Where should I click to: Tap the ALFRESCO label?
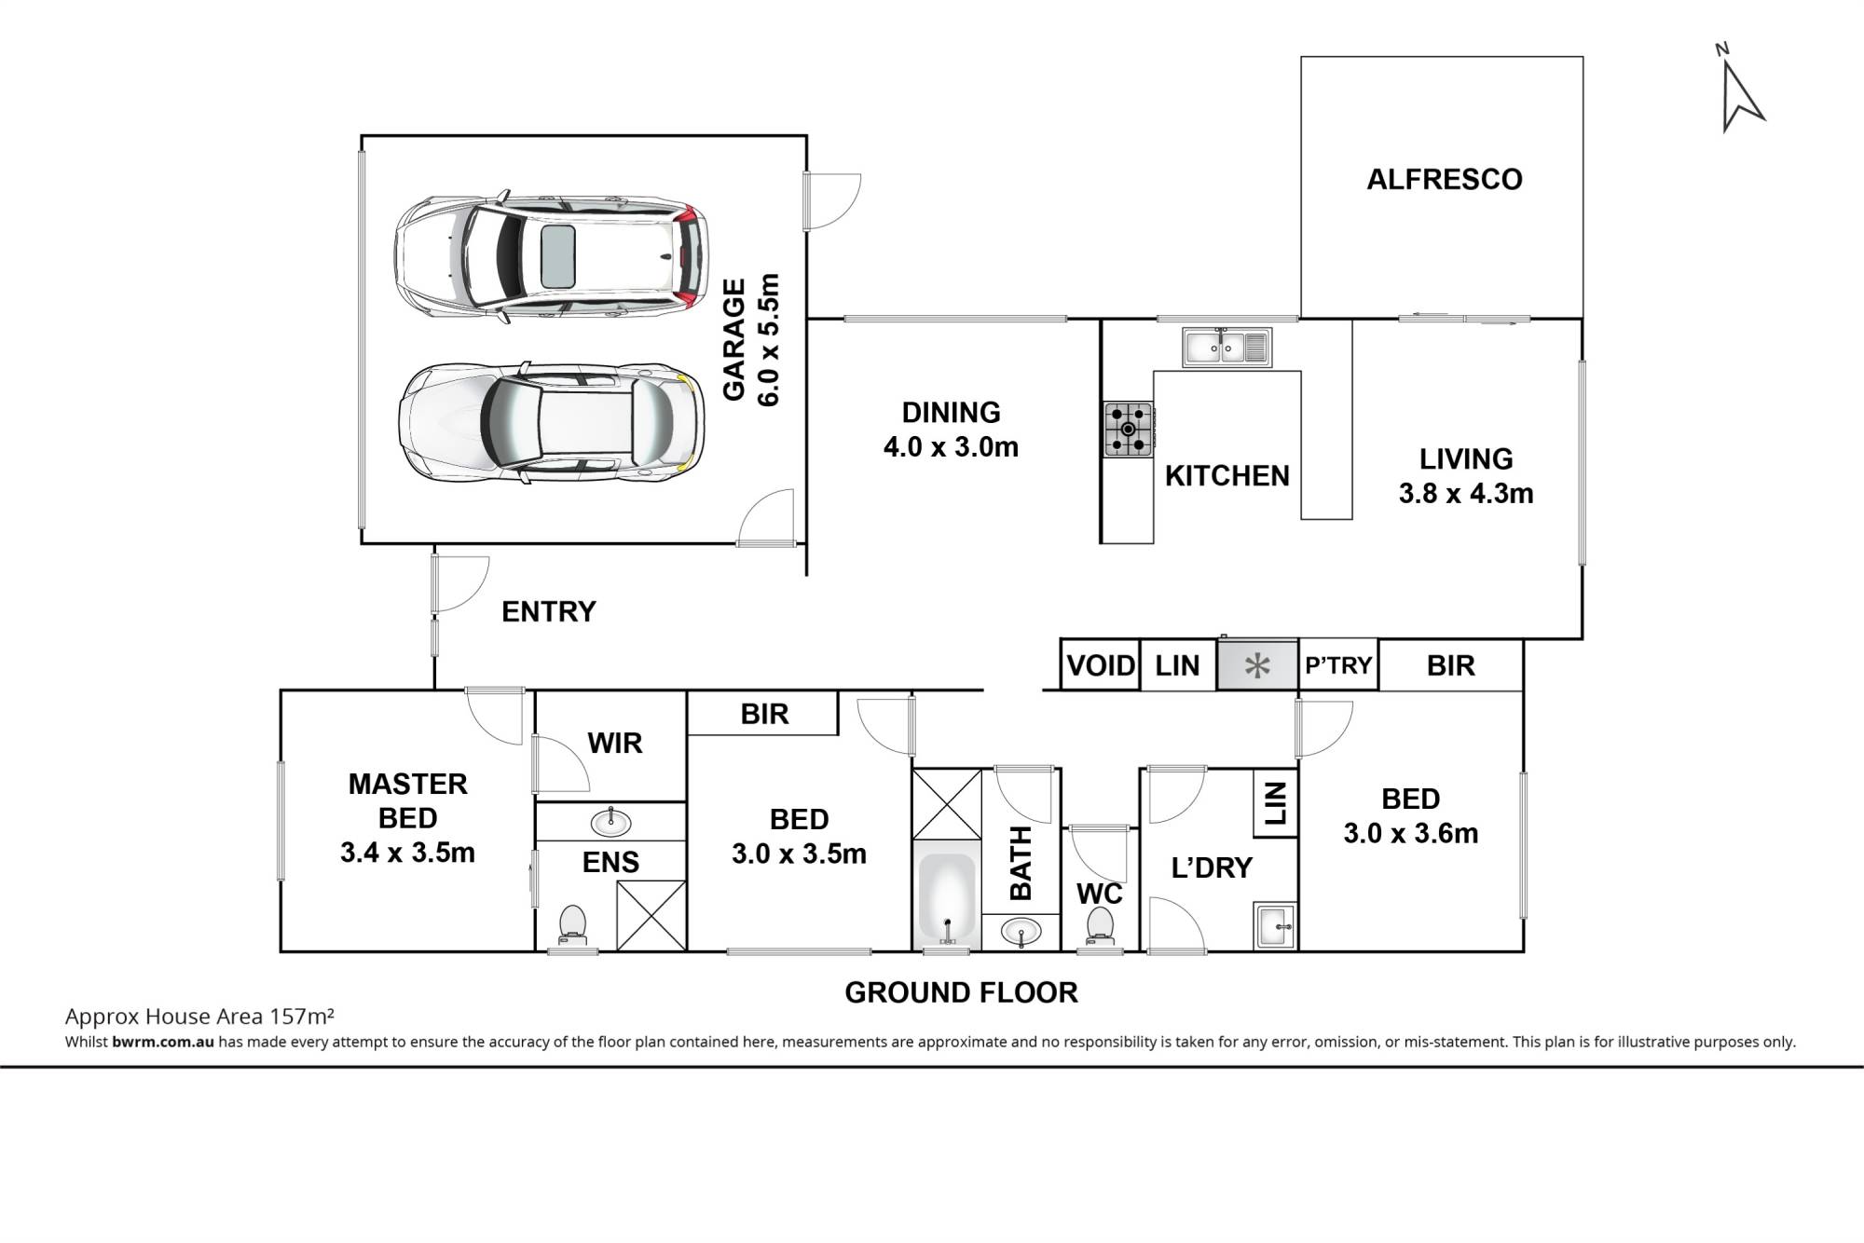tap(1444, 179)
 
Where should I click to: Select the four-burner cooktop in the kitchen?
tap(1128, 429)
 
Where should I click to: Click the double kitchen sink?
tap(1227, 348)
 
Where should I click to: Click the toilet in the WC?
tap(1100, 926)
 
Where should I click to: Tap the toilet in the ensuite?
tap(572, 925)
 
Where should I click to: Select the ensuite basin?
tap(610, 822)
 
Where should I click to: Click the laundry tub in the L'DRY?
tap(1276, 925)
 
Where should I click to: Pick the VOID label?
tap(1101, 665)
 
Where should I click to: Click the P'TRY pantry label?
tap(1338, 665)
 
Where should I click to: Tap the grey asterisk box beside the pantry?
tap(1257, 665)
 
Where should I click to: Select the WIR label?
tap(615, 743)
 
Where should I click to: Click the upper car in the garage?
tap(551, 256)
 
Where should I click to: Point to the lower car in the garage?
tap(551, 424)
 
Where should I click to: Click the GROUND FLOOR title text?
tap(961, 992)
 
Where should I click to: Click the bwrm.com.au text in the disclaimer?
tap(163, 1042)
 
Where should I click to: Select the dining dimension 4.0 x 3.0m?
tap(951, 446)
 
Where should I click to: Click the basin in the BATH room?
tap(1022, 930)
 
